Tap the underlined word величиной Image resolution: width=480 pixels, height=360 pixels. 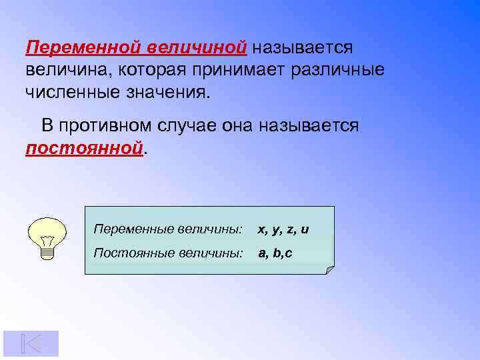tap(197, 48)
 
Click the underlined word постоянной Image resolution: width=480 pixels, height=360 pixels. tap(84, 147)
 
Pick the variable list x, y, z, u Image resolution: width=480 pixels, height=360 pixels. tap(283, 230)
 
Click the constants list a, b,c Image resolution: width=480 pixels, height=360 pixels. tap(275, 253)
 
